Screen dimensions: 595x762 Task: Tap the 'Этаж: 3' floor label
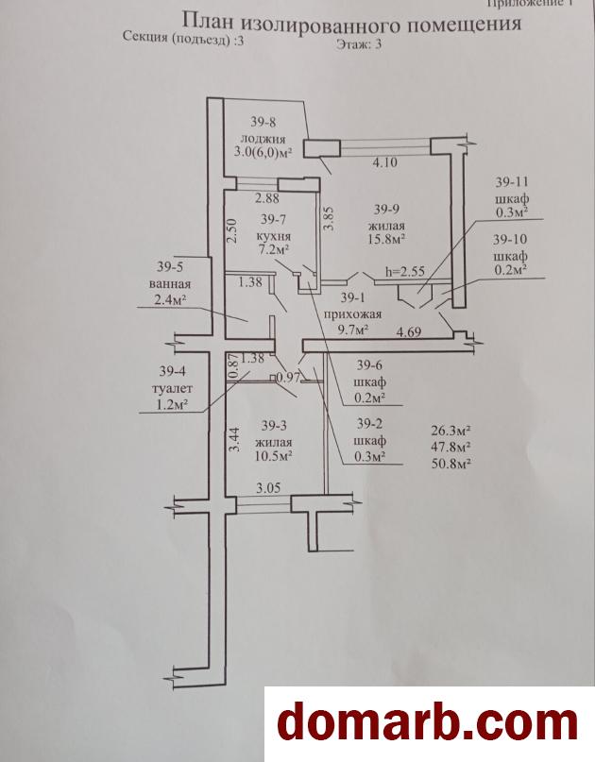tap(359, 43)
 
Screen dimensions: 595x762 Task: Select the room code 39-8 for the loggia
tap(263, 122)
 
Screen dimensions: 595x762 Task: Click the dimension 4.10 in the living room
tap(384, 162)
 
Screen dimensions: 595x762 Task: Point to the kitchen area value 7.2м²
tap(274, 251)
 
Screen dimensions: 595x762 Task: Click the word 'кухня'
tap(273, 236)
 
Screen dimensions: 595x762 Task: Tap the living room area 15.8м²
tap(387, 239)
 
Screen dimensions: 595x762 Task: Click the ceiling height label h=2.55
tap(405, 271)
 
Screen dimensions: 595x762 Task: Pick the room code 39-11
tap(512, 181)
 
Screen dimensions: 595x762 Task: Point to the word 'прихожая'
tap(353, 313)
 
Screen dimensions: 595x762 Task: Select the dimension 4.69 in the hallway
tap(409, 332)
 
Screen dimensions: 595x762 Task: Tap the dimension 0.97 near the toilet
tap(290, 378)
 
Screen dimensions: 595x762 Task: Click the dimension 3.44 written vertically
tap(235, 439)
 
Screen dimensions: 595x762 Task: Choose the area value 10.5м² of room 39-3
tap(274, 456)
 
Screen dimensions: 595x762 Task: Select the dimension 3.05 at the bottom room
tap(268, 487)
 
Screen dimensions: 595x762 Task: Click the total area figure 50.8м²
tap(451, 463)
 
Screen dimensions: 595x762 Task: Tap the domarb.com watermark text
tap(427, 724)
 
